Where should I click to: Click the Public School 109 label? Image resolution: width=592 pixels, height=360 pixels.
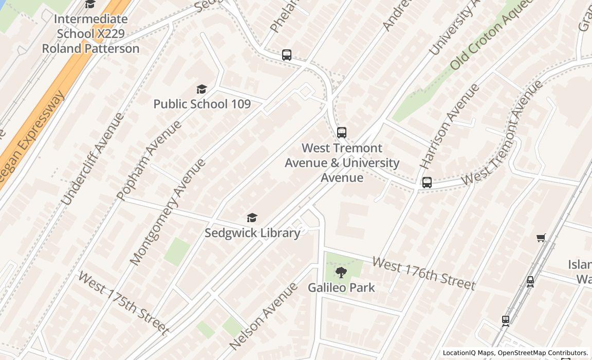coord(202,104)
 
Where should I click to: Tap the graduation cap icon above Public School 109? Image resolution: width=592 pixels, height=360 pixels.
coord(201,89)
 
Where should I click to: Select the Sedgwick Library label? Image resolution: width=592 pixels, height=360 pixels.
coord(252,233)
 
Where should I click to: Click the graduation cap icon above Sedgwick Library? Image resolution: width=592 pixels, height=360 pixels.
coord(252,218)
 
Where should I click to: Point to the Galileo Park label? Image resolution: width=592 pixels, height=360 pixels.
coord(341,287)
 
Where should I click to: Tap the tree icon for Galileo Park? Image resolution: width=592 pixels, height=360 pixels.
coord(341,273)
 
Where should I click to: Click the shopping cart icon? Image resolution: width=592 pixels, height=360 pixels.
coord(541,238)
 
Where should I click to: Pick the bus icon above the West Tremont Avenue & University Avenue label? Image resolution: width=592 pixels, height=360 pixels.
coord(341,133)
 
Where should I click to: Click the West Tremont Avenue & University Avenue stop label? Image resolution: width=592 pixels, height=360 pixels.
coord(342,163)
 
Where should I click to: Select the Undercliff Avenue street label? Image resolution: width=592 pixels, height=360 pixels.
coord(92,159)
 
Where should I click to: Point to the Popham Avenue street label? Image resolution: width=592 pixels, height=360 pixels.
coord(149,160)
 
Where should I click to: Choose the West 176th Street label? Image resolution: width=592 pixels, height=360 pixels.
coord(423,274)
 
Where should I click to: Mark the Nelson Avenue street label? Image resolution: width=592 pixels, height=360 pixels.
coord(264,316)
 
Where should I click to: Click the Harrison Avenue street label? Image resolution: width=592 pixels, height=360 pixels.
coord(449,126)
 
